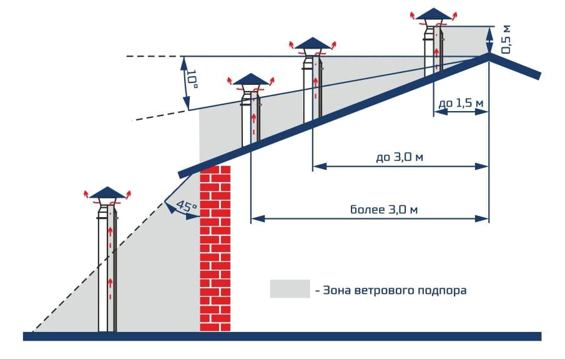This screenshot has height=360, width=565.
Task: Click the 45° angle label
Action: [187, 207]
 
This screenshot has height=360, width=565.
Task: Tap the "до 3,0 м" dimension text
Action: [400, 157]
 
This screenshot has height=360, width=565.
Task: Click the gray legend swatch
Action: [290, 289]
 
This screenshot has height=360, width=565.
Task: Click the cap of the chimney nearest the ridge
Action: [433, 14]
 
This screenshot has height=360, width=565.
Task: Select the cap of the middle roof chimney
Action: [312, 43]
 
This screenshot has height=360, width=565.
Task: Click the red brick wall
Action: [215, 250]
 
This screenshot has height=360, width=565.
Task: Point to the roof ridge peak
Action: [489, 56]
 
